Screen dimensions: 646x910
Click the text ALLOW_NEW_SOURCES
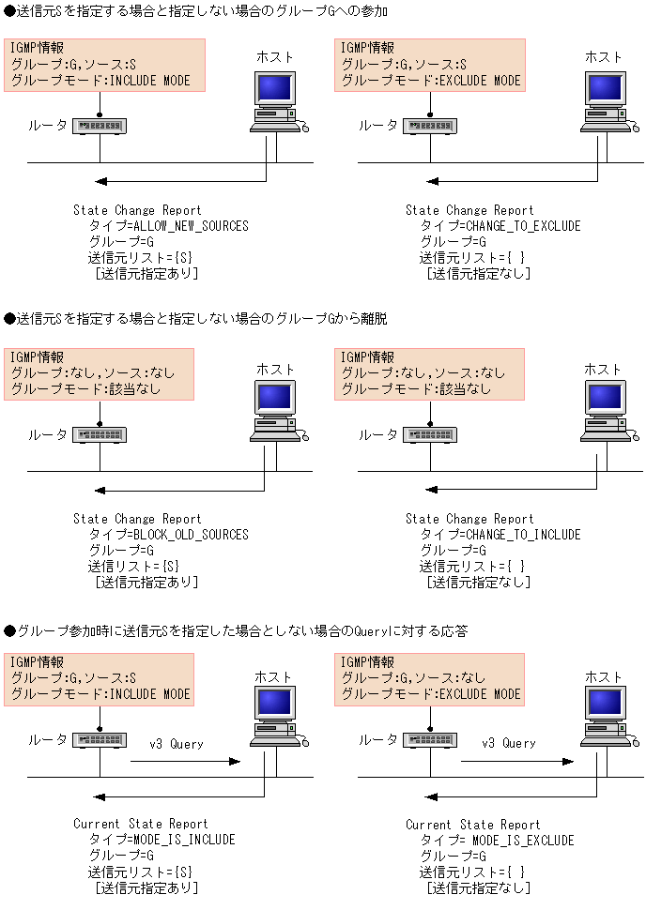click(192, 226)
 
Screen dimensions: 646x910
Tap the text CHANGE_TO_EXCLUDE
click(523, 226)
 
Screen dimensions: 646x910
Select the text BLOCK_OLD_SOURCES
click(192, 535)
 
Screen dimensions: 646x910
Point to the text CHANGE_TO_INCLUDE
click(523, 535)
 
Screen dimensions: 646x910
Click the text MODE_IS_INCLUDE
click(185, 840)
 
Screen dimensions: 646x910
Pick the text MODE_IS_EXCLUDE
click(523, 841)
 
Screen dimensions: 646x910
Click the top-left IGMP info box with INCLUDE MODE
click(104, 65)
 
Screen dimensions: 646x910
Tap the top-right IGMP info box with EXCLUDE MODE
click(430, 65)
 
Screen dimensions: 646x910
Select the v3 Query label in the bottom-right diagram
click(509, 743)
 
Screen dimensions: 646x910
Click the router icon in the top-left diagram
click(100, 126)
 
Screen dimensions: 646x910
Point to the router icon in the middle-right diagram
click(430, 434)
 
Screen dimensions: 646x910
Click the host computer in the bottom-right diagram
click(609, 716)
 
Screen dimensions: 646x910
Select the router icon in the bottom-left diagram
click(100, 740)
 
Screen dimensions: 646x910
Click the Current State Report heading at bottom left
click(141, 824)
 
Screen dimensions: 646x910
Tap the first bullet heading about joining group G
click(196, 11)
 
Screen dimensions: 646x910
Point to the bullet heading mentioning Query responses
click(236, 630)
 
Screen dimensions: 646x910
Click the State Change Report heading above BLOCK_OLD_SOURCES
click(137, 519)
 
